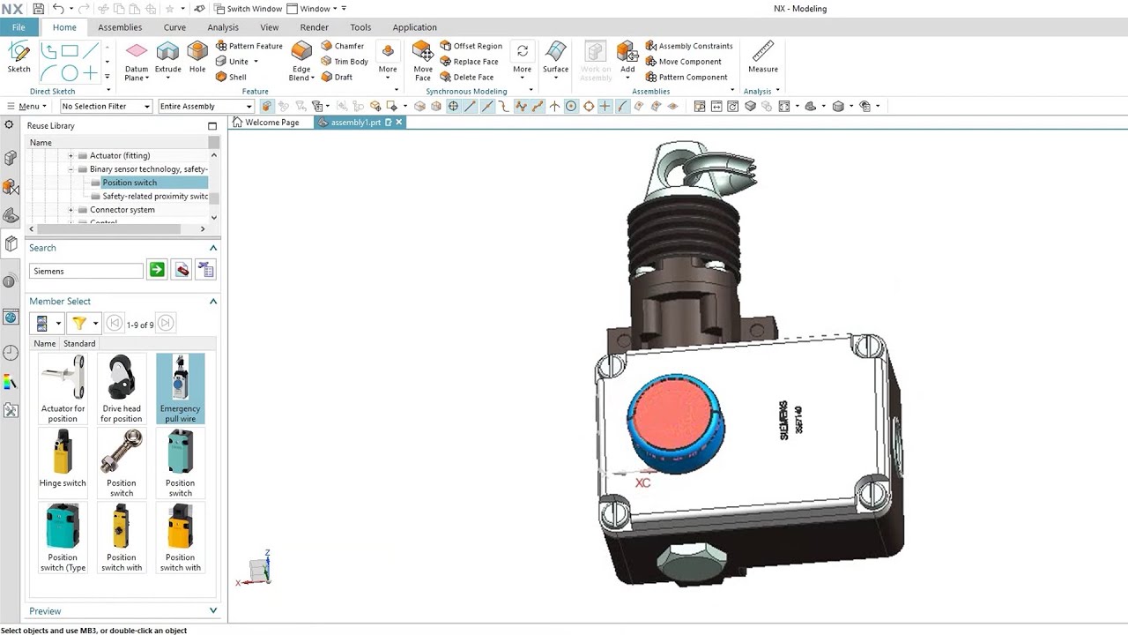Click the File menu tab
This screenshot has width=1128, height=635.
[x=19, y=27]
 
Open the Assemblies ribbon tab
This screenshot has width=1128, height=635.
[x=120, y=27]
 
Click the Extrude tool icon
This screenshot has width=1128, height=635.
[x=167, y=52]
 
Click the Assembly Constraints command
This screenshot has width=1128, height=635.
[x=689, y=46]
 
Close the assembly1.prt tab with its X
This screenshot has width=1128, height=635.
[x=399, y=123]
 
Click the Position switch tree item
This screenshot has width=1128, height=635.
[x=130, y=183]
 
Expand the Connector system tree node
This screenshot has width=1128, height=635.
[x=71, y=210]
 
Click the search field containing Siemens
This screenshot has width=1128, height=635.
[x=85, y=271]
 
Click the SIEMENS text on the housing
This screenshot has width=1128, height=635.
[x=783, y=420]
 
